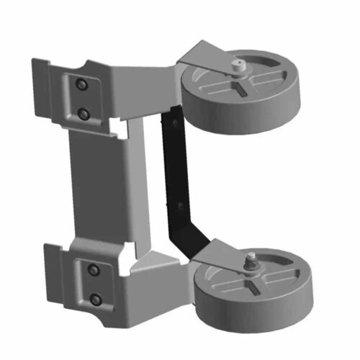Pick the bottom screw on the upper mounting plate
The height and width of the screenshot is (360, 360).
point(84,113)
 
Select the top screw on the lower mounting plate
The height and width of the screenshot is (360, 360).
point(92,270)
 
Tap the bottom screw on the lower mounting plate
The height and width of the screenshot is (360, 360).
point(94,297)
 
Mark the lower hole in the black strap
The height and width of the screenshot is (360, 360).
point(177,208)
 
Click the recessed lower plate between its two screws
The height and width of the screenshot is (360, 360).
point(94,284)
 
